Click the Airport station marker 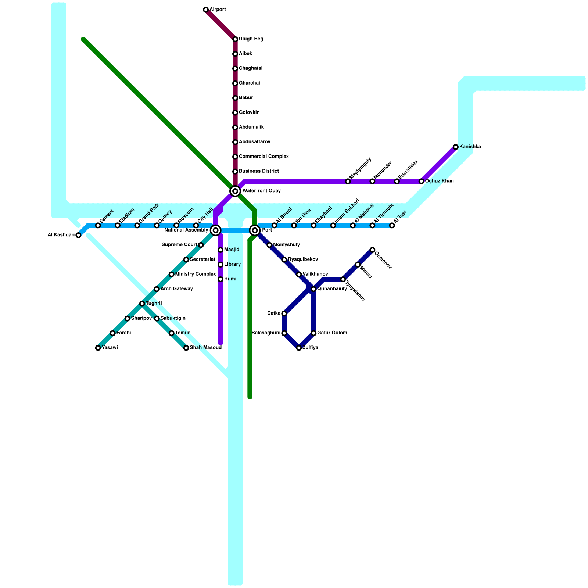[206, 10]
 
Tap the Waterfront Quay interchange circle [235, 191]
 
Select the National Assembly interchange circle [216, 230]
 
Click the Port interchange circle [255, 230]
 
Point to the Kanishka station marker [456, 147]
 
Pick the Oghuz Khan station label [439, 181]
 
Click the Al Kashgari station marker [78, 235]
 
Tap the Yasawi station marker [98, 348]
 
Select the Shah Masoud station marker [186, 348]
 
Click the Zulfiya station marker [299, 348]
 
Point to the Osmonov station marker [372, 250]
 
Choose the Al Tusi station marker [392, 225]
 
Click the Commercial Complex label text [263, 157]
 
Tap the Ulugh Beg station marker [235, 39]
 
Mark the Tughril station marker [142, 304]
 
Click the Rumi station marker [220, 279]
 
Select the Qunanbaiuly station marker [313, 289]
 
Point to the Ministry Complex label [195, 274]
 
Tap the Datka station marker [284, 313]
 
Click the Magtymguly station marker [348, 181]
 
